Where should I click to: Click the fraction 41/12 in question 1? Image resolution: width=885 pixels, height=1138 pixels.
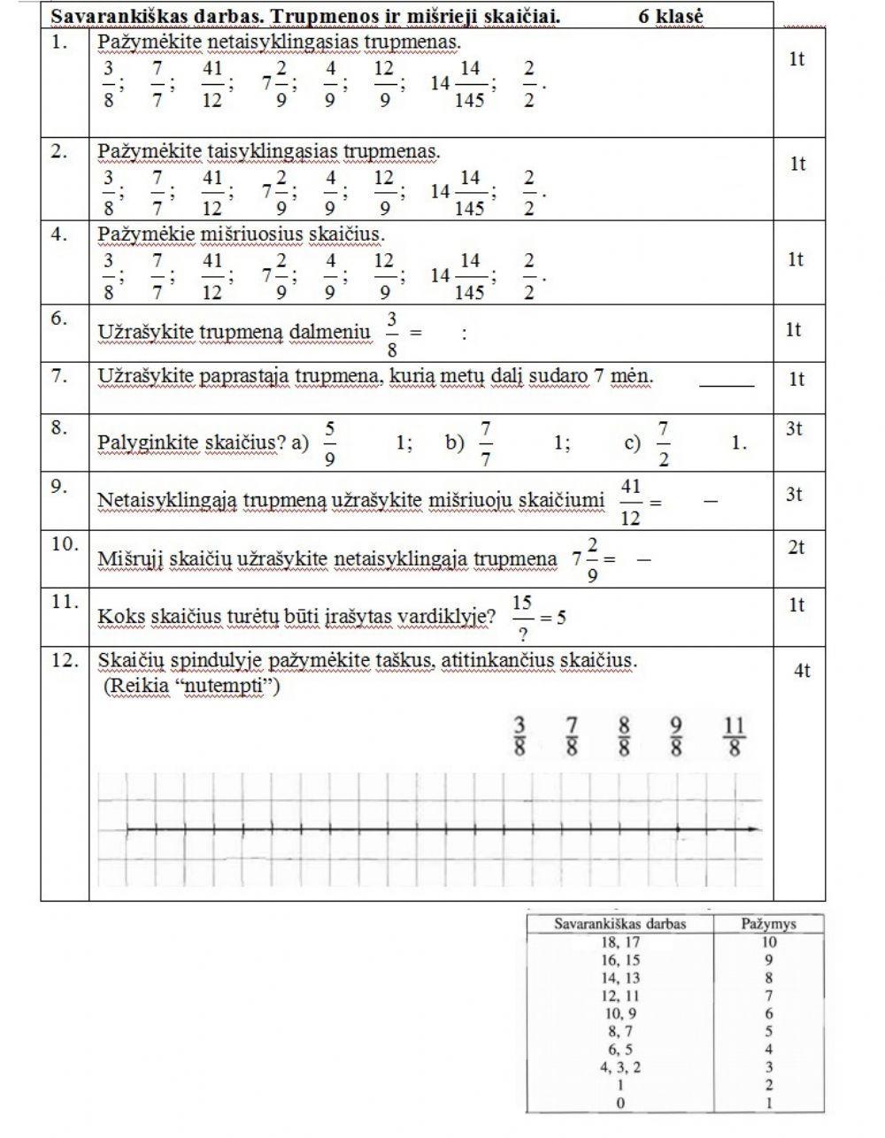point(212,84)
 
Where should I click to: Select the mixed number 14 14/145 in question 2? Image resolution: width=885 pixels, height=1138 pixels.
point(461,194)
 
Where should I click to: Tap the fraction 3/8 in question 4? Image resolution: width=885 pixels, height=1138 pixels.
point(108,276)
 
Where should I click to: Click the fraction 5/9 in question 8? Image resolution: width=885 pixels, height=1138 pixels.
point(329,443)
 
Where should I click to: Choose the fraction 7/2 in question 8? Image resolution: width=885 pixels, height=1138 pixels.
point(663,443)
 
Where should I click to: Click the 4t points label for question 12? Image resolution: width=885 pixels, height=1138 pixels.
point(801,671)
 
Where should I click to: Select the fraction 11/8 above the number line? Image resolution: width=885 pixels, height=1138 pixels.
point(734,737)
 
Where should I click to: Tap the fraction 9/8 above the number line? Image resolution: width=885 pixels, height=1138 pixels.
point(677,737)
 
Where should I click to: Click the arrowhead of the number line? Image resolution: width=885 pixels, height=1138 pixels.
point(754,829)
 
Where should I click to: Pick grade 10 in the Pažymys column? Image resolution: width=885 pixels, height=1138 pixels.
point(768,942)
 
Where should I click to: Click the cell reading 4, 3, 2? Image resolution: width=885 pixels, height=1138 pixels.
point(619,1067)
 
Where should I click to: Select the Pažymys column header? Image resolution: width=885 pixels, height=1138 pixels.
point(768,924)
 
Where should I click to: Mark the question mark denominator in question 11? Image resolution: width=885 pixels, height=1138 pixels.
point(523,632)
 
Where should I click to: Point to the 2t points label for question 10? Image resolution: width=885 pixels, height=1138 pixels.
point(796,548)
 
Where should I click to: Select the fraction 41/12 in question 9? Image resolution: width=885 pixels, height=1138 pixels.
point(630,502)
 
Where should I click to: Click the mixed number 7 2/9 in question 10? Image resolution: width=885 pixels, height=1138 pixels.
point(586,560)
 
